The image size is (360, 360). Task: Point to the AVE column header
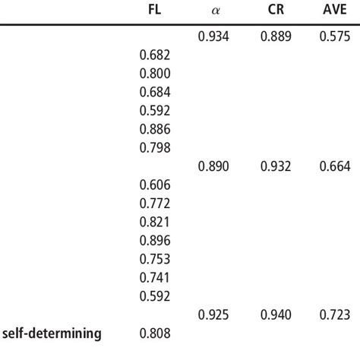pyautogui.click(x=335, y=11)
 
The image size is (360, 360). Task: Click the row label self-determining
pyautogui.click(x=52, y=333)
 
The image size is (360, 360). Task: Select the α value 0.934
pyautogui.click(x=213, y=36)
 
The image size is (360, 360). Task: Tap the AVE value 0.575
pyautogui.click(x=335, y=36)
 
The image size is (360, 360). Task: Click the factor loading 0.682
pyautogui.click(x=156, y=55)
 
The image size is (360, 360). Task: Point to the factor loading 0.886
pyautogui.click(x=156, y=129)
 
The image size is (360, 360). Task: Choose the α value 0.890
pyautogui.click(x=213, y=166)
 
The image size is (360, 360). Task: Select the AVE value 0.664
pyautogui.click(x=335, y=166)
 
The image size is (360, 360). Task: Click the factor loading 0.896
pyautogui.click(x=156, y=240)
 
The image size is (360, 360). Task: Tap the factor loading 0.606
pyautogui.click(x=156, y=185)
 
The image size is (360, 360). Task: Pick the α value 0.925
pyautogui.click(x=213, y=314)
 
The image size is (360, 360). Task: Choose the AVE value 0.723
pyautogui.click(x=335, y=314)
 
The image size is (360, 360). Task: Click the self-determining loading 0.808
pyautogui.click(x=156, y=333)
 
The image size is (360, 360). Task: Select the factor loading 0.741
pyautogui.click(x=156, y=277)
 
